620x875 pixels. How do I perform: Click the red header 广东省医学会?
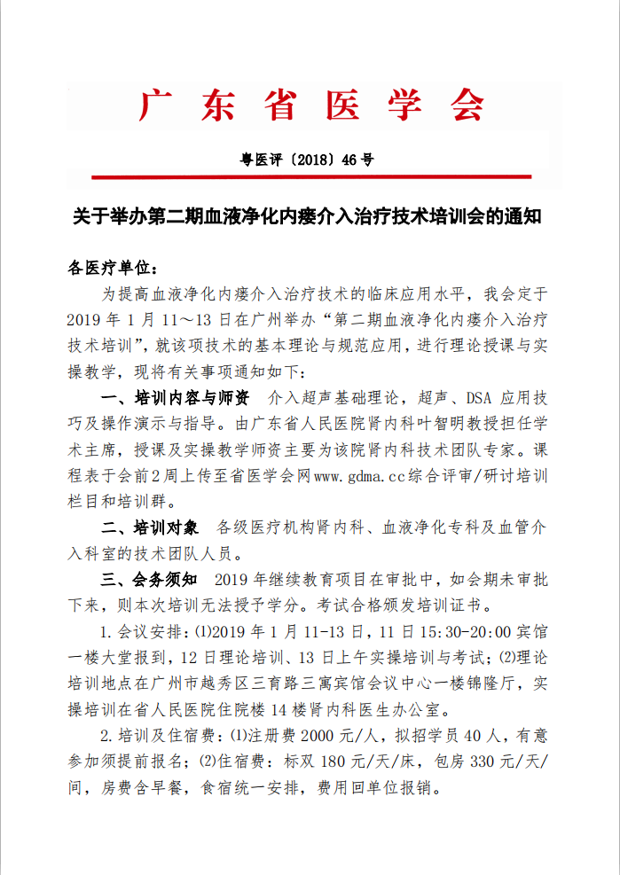tap(310, 105)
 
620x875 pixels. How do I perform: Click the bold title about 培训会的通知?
tap(306, 217)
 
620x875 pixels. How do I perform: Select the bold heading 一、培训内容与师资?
tap(176, 395)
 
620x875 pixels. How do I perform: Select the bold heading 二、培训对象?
tap(156, 527)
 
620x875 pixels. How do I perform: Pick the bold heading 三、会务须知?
tap(156, 580)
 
